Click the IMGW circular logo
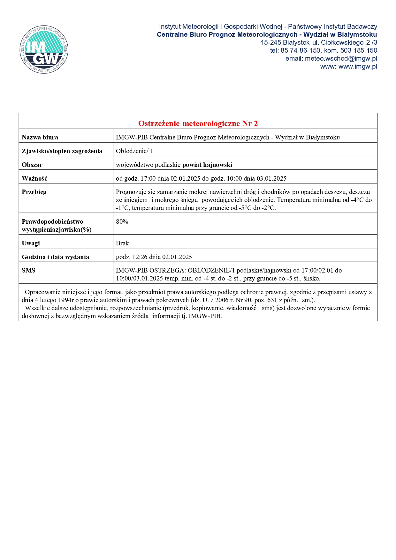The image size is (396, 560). point(44,49)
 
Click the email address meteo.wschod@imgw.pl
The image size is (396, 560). point(341,58)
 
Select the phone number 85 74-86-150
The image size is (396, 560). point(300,50)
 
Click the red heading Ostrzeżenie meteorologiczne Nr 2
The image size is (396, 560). point(198,123)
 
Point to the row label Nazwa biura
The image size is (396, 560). point(40,137)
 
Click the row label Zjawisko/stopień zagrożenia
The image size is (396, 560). point(62,151)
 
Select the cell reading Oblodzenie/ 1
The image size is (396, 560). point(134,151)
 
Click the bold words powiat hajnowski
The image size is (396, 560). point(207,165)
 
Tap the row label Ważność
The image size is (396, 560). point(34,178)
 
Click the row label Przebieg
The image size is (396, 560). point(34,192)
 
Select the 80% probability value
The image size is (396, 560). point(122,221)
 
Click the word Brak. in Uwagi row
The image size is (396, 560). point(123,243)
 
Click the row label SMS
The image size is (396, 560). point(28,270)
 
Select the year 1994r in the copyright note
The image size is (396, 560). point(66,300)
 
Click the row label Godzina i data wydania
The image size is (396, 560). point(55,257)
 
